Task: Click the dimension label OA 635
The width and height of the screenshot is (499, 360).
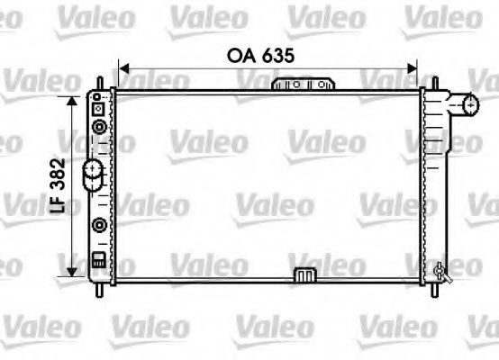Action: (263, 54)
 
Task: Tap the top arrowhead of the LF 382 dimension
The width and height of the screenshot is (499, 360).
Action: (70, 97)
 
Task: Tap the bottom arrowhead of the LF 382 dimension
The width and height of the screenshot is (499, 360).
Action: (70, 272)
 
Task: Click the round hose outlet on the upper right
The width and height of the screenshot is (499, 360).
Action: (469, 105)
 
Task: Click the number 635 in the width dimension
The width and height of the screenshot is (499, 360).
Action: (279, 54)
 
